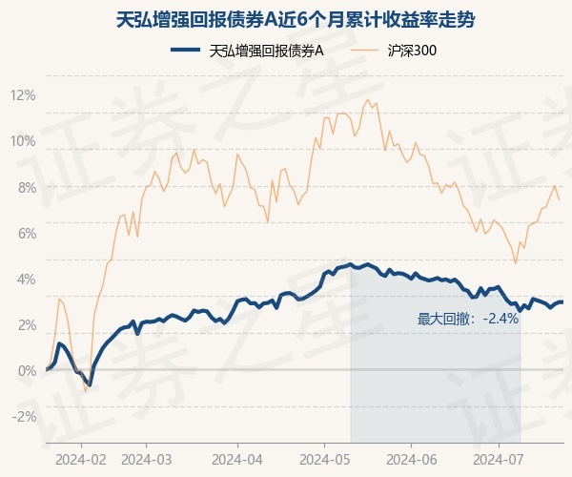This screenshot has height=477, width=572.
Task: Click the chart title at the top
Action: tap(286, 19)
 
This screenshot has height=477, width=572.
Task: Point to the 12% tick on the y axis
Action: tap(22, 95)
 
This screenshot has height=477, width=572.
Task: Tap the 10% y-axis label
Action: tap(22, 141)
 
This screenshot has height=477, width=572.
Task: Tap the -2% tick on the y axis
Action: tap(22, 416)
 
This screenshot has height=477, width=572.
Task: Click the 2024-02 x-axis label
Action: tap(81, 458)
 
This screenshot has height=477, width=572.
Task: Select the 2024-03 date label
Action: tap(145, 458)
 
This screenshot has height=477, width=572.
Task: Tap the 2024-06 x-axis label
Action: tap(411, 458)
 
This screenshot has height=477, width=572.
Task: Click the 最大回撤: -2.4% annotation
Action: tap(468, 319)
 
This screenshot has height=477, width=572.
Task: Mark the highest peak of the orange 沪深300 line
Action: tap(367, 99)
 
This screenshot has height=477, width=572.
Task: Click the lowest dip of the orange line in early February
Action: tap(85, 391)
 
